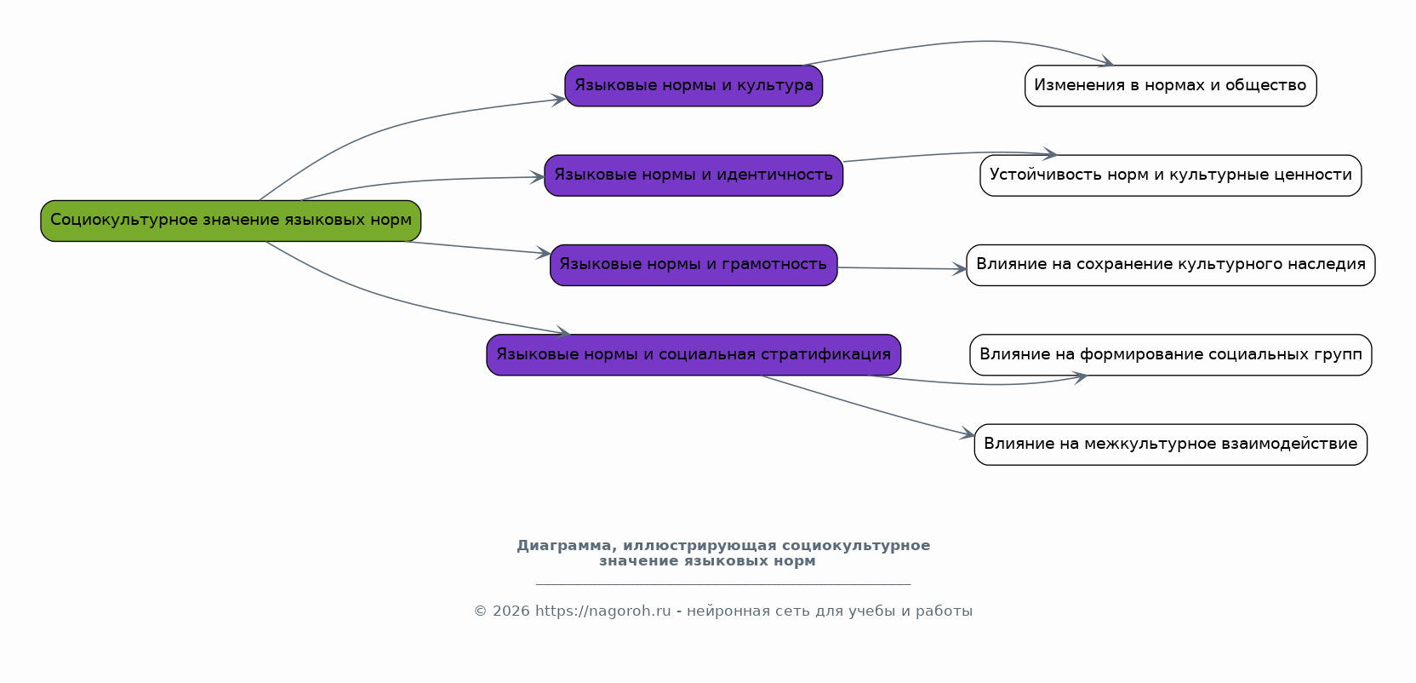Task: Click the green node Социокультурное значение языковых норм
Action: tap(231, 221)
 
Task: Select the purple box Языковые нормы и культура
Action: tap(694, 86)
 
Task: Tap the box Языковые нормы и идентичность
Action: tap(694, 175)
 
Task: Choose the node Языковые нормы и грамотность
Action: tap(694, 265)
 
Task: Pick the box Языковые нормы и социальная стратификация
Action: tap(694, 355)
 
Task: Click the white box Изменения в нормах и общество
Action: tap(1170, 86)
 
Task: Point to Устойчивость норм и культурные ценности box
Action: tap(1170, 175)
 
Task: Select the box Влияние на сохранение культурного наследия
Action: tap(1170, 265)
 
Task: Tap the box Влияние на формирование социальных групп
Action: tap(1170, 355)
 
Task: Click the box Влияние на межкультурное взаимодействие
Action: tap(1170, 445)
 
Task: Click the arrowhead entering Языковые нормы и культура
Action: tap(560, 100)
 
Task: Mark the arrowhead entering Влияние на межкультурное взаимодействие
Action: tap(968, 435)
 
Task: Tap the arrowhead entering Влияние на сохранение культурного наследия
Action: tap(960, 269)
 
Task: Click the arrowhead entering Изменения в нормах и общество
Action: tap(1106, 62)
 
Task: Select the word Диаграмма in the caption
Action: tap(563, 546)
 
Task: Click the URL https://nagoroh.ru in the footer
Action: tap(602, 611)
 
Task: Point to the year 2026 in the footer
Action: tap(511, 611)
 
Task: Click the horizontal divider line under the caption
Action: tap(723, 585)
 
